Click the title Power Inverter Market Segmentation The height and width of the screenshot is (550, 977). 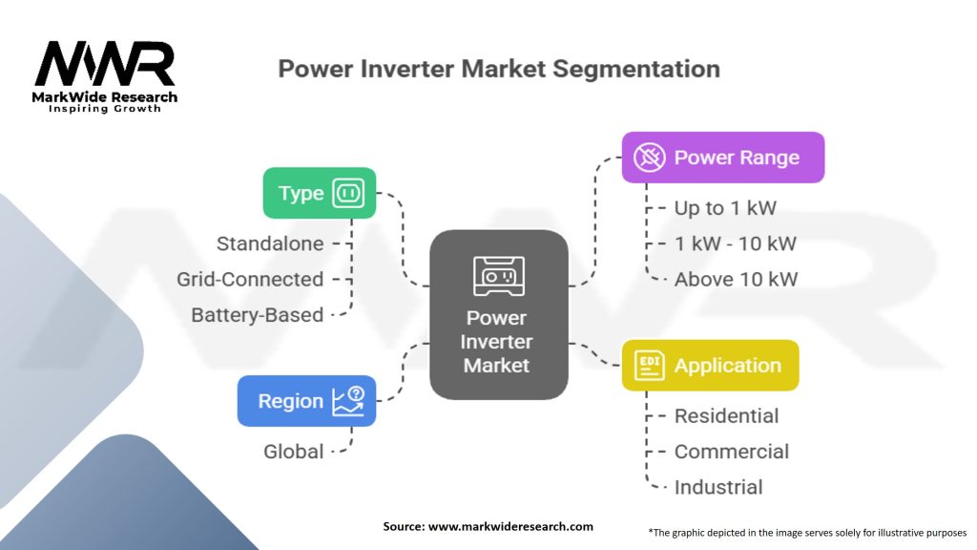(498, 69)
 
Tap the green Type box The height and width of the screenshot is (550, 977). (319, 193)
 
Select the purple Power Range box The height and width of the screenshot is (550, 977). (722, 158)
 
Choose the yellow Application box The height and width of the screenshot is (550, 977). (710, 366)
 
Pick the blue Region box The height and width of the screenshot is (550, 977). (306, 401)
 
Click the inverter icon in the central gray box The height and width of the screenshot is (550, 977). (498, 276)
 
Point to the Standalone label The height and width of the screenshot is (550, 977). (270, 243)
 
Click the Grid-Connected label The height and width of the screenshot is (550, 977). (250, 279)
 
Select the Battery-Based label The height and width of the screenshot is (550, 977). (257, 314)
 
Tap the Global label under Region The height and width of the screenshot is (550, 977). (294, 452)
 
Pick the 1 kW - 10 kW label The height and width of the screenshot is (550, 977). (735, 243)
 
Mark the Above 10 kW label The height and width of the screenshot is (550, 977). (736, 279)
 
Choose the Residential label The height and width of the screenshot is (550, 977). (726, 415)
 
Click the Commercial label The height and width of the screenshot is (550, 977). (732, 452)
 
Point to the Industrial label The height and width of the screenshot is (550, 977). (718, 487)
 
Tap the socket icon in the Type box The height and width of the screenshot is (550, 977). (348, 194)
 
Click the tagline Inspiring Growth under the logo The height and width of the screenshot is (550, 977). (105, 109)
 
